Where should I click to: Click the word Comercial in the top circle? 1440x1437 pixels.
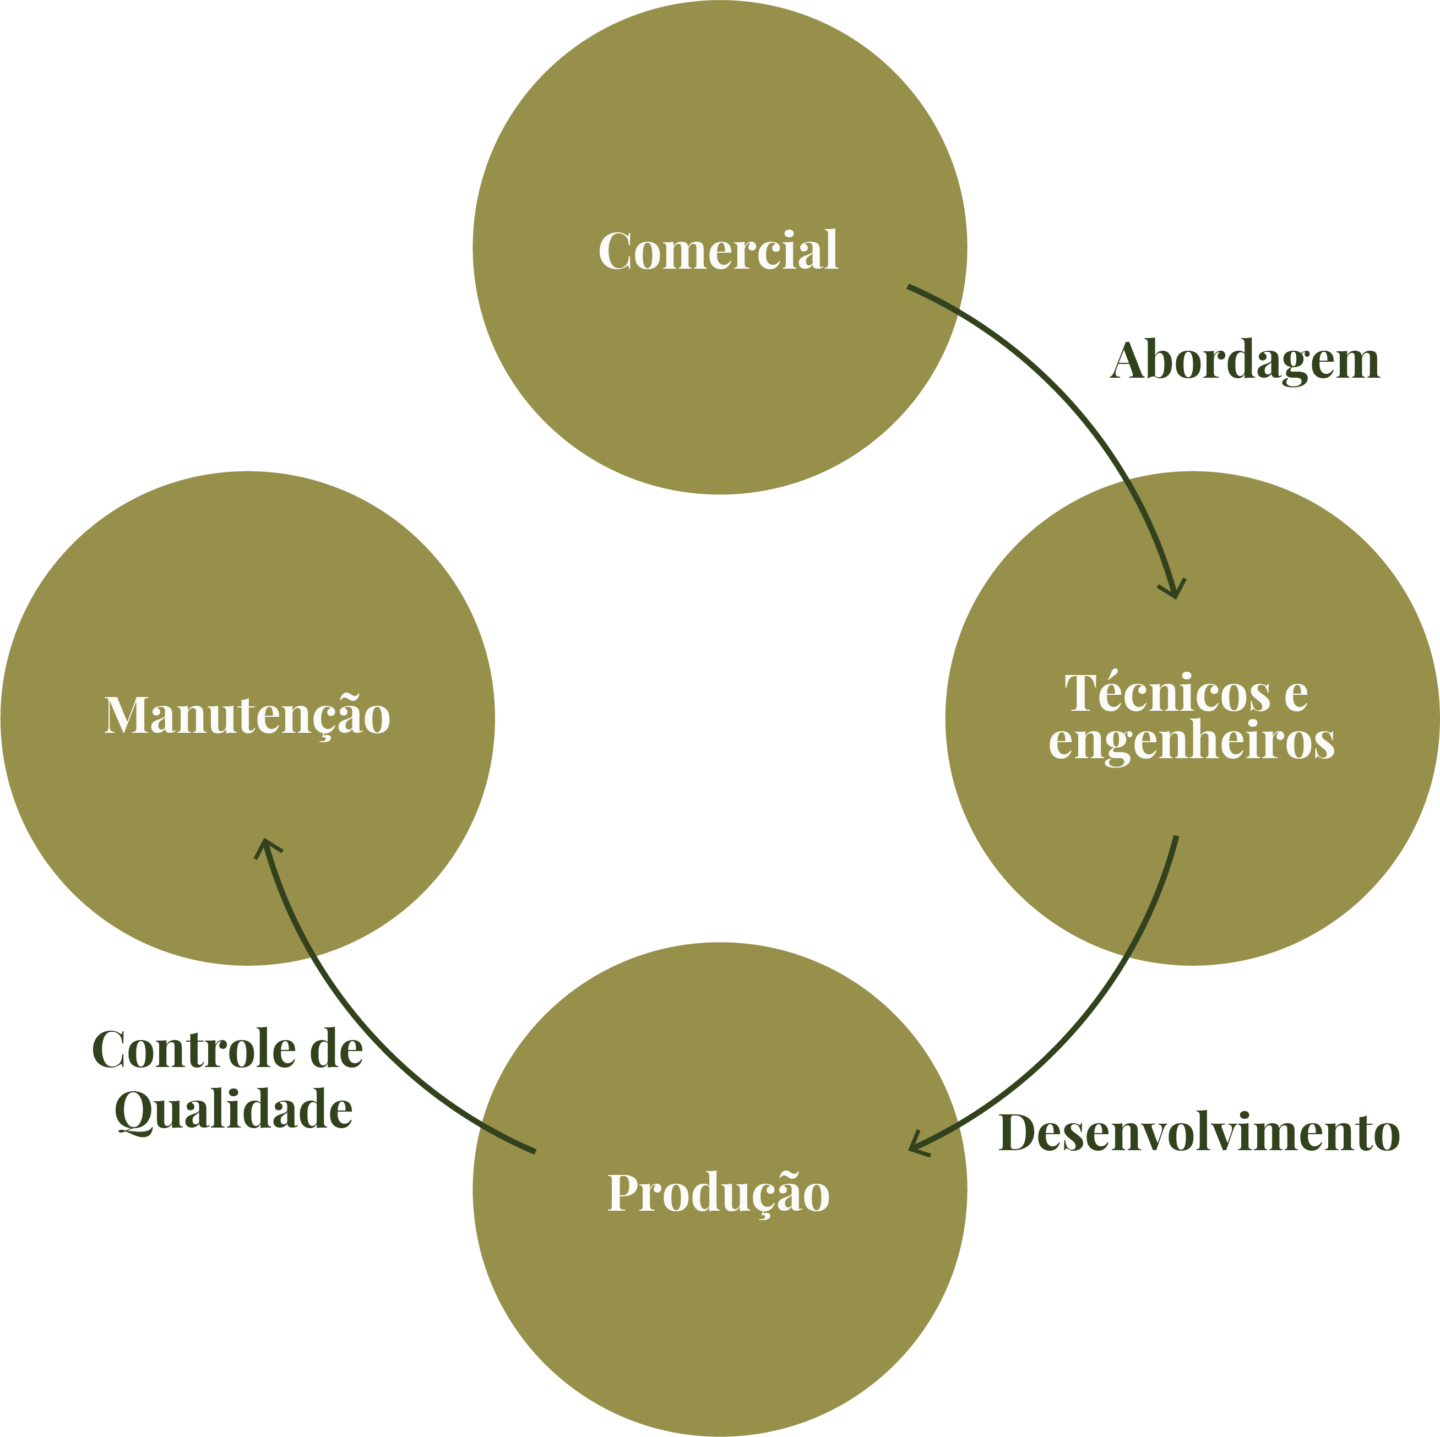[x=719, y=250]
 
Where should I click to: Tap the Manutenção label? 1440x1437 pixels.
[x=247, y=716]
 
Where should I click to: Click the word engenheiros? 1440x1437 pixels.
[x=1191, y=741]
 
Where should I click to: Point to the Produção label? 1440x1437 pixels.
[x=719, y=1193]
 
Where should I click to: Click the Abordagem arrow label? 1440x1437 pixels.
[x=1245, y=362]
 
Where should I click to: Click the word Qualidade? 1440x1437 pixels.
[x=233, y=1111]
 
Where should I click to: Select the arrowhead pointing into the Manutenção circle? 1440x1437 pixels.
[x=265, y=847]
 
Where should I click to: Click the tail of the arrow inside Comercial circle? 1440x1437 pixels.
[x=909, y=286]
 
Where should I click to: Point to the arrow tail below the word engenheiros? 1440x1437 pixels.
[x=1176, y=837]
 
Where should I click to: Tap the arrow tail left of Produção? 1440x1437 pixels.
[x=534, y=1152]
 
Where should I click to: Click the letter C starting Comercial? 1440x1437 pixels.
[x=615, y=251]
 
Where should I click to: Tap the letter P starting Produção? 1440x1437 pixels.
[x=624, y=1192]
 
